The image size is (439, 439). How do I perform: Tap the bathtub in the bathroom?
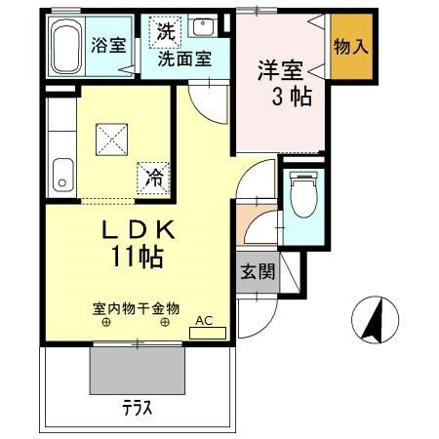[66, 46]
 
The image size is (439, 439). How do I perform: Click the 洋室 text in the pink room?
[277, 71]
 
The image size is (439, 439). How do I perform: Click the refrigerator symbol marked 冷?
[153, 177]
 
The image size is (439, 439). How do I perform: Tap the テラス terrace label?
[137, 409]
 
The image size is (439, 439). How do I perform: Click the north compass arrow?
[372, 319]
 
